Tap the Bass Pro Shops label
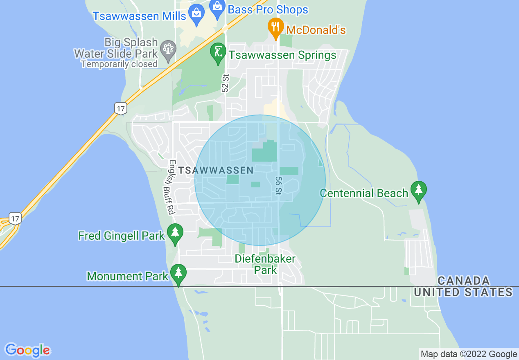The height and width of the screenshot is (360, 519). tap(268, 9)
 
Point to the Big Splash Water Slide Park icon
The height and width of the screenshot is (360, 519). tap(168, 49)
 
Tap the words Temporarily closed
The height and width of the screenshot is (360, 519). tap(119, 64)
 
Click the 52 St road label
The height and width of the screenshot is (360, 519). tap(225, 83)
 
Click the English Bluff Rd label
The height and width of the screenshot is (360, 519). tap(171, 187)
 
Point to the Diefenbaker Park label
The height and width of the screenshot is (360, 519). tap(265, 264)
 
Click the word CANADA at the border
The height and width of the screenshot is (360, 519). tap(463, 281)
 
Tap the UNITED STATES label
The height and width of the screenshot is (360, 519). tap(463, 292)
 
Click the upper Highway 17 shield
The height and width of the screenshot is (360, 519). tap(120, 108)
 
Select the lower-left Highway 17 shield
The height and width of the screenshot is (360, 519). tap(15, 218)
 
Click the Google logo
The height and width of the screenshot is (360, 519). tap(28, 350)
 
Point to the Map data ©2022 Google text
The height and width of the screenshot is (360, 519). tap(469, 354)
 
